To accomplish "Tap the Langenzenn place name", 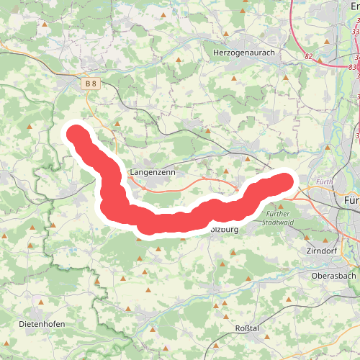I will tap(153, 173).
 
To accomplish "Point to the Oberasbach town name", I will tap(335, 275).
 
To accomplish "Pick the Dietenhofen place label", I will tap(42, 324).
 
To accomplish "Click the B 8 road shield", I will tap(90, 84).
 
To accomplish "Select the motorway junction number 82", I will tap(309, 55).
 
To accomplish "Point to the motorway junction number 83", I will tap(352, 66).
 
